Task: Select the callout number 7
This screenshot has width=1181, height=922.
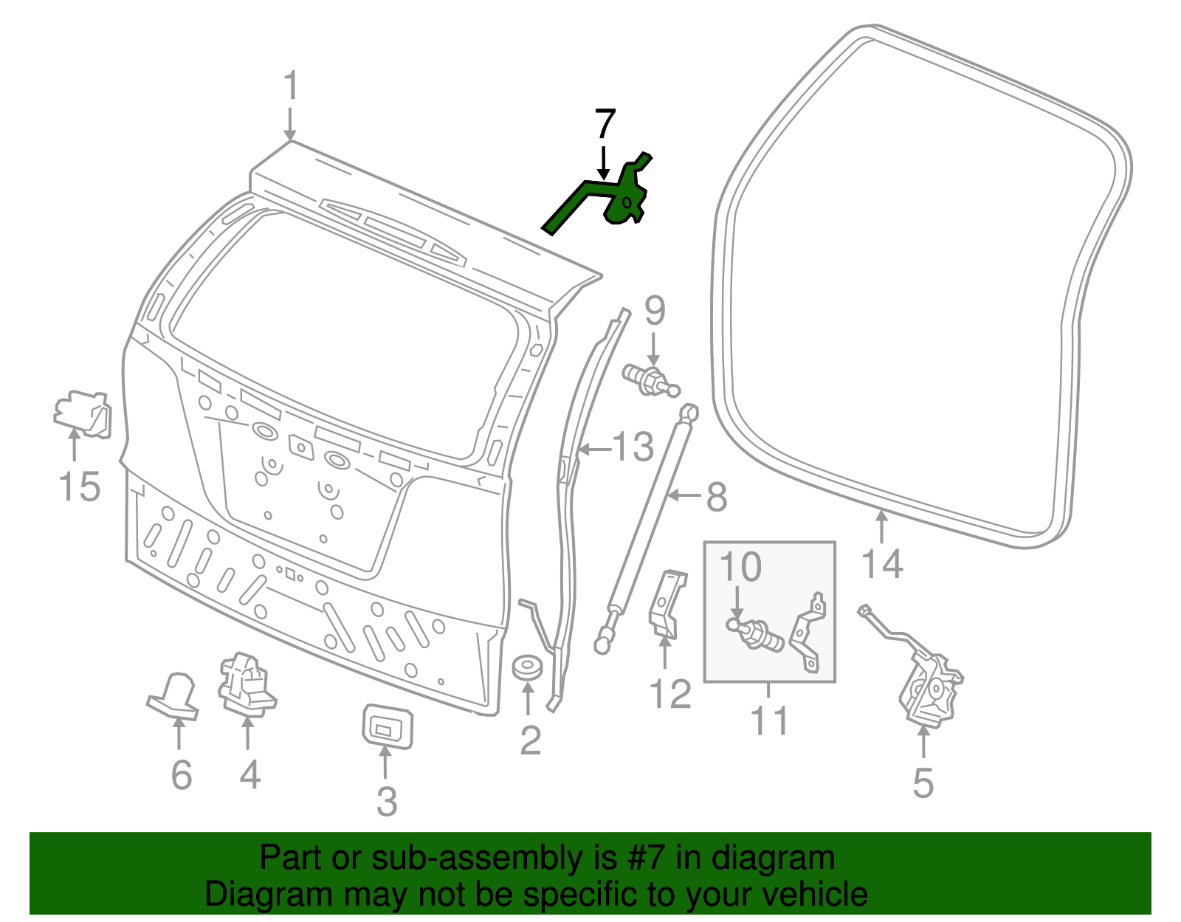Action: click(605, 124)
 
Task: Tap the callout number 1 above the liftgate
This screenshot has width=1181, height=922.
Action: click(291, 86)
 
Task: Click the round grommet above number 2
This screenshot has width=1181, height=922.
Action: click(527, 667)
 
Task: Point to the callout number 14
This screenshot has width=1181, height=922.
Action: click(882, 565)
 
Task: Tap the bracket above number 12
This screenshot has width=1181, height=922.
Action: click(667, 604)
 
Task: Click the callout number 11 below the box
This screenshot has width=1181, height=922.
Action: click(768, 720)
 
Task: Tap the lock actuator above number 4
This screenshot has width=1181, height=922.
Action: click(247, 683)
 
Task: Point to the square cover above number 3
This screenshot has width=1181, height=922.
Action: click(387, 726)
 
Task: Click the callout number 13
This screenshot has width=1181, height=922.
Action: click(633, 447)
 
